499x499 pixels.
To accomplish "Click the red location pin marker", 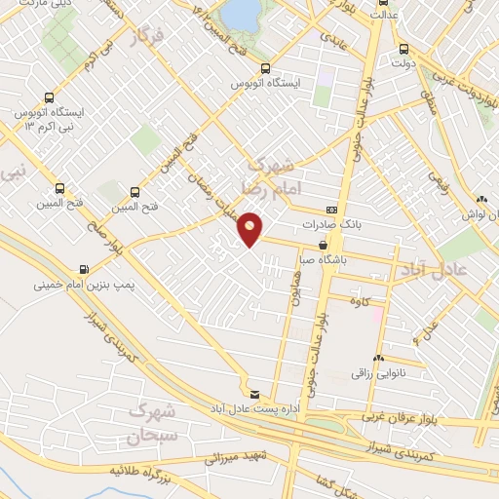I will (x=250, y=229).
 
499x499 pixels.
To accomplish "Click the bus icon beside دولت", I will (x=403, y=49).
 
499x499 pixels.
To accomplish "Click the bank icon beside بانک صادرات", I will (x=331, y=210).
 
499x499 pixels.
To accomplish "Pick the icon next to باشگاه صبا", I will (x=322, y=247).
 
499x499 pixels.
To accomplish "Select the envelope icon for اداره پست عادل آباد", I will (x=254, y=395).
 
